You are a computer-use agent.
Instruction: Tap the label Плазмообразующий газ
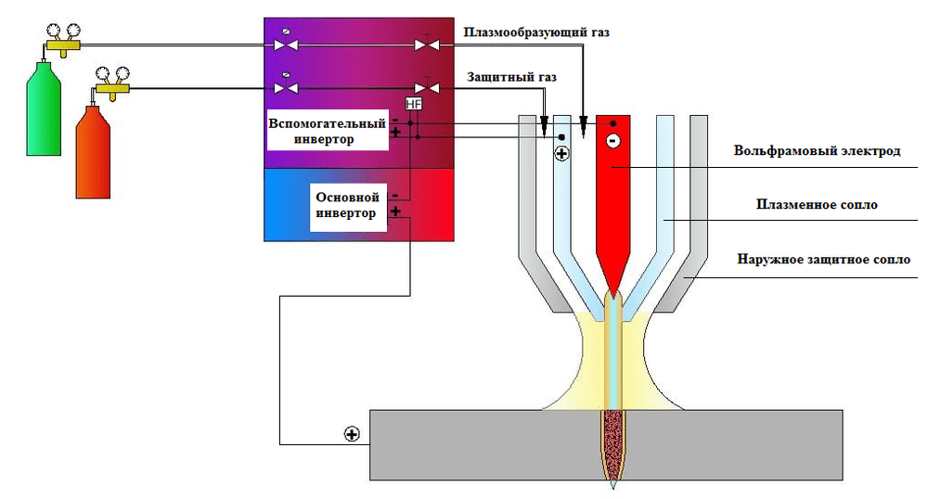[x=536, y=32]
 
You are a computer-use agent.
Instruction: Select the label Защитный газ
[x=509, y=77]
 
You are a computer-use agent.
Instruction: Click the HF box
[x=414, y=106]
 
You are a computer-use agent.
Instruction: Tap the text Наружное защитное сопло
[x=818, y=260]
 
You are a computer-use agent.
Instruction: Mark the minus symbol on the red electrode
[x=612, y=141]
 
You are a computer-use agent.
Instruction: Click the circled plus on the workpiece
[x=351, y=433]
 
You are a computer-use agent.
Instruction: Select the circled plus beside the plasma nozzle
[x=561, y=155]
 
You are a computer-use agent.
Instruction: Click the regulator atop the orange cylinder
[x=110, y=82]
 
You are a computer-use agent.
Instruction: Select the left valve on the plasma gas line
[x=287, y=44]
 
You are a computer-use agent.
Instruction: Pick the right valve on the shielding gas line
[x=425, y=88]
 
